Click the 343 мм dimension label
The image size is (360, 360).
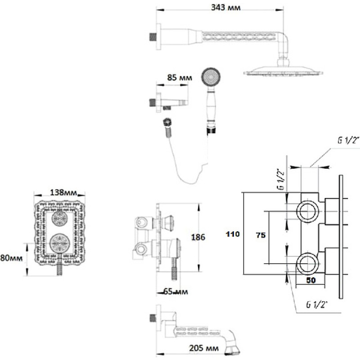[x=226, y=8]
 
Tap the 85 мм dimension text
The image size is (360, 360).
[x=180, y=77]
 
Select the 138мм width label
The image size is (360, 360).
[x=63, y=193]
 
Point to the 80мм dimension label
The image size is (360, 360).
[x=12, y=258]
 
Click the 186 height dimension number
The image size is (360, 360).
[x=198, y=237]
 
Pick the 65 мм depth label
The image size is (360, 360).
[x=175, y=292]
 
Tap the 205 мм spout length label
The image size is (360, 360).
[x=204, y=348]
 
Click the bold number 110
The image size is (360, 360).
[x=233, y=234]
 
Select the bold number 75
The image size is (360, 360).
[x=261, y=235]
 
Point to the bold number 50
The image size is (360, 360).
[x=311, y=280]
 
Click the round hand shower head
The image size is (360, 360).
[x=211, y=77]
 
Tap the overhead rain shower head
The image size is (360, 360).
[x=283, y=72]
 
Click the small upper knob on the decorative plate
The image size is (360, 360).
[x=60, y=218]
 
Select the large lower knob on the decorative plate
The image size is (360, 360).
[x=60, y=243]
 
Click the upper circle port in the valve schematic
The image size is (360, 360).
[x=308, y=211]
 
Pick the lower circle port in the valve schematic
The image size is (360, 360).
[x=308, y=264]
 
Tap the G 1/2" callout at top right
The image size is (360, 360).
[x=348, y=140]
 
